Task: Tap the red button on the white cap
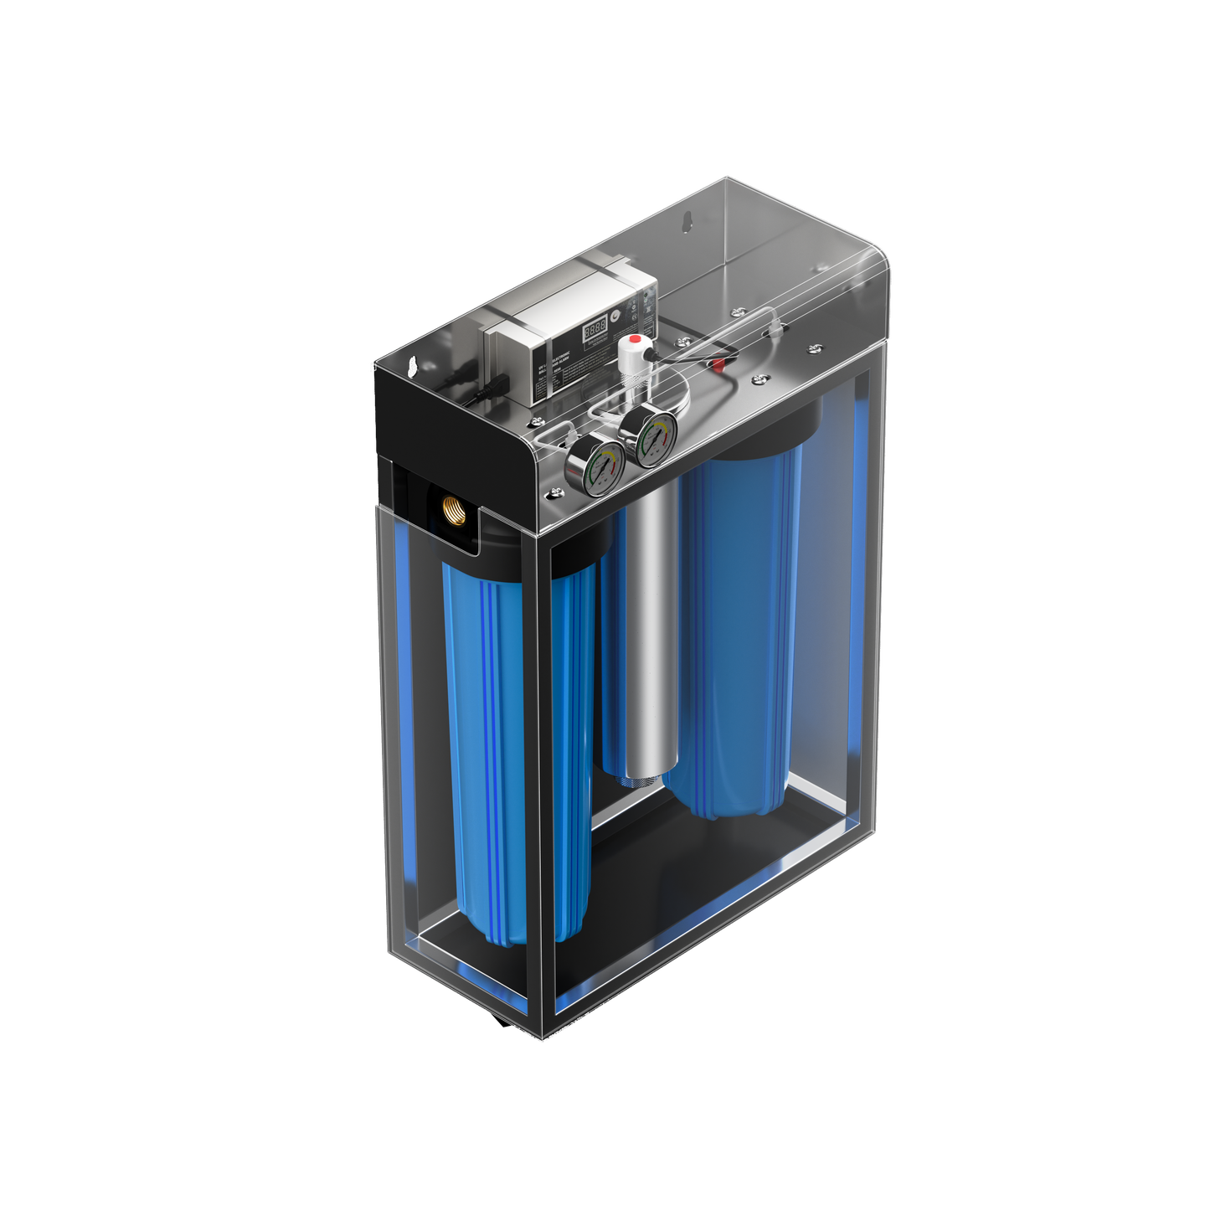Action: [636, 340]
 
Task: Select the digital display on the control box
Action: [595, 327]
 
